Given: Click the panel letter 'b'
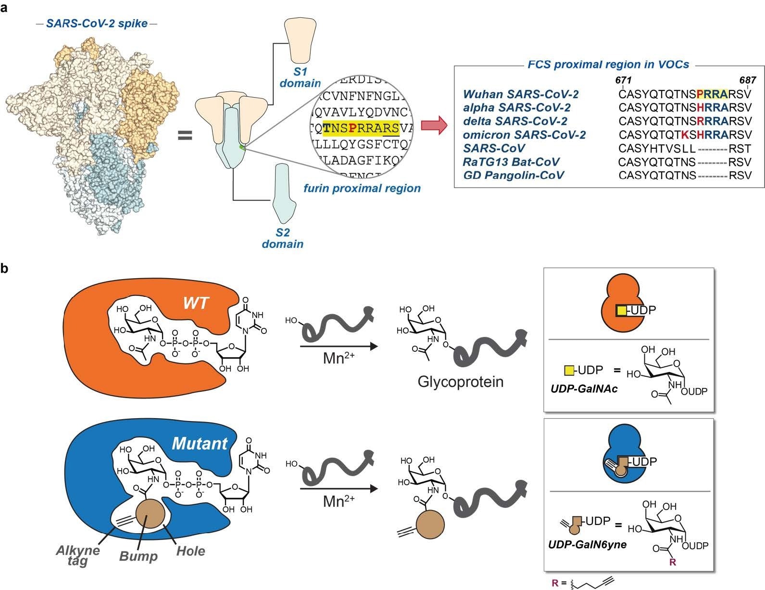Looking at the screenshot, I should [x=5, y=268].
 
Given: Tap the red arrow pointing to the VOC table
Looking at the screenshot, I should [x=434, y=126].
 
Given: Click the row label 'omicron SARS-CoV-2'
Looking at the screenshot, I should [x=524, y=135].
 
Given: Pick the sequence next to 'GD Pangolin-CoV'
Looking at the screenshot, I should [x=685, y=176].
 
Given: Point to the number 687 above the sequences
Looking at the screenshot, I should [x=748, y=80].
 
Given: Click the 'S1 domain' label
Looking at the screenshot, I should [x=300, y=77].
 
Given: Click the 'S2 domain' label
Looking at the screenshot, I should [x=283, y=238].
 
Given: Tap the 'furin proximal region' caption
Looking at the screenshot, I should [x=362, y=188].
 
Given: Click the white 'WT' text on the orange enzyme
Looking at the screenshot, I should [x=196, y=303].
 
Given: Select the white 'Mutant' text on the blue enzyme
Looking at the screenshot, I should [x=200, y=443].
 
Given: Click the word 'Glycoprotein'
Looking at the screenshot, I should [x=461, y=382].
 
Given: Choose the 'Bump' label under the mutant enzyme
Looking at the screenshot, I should [x=138, y=556].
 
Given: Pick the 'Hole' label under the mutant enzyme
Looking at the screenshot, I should [x=190, y=551].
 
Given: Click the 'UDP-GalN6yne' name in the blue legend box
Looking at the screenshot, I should [x=587, y=544].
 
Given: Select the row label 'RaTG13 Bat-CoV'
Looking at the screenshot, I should [x=511, y=162].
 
